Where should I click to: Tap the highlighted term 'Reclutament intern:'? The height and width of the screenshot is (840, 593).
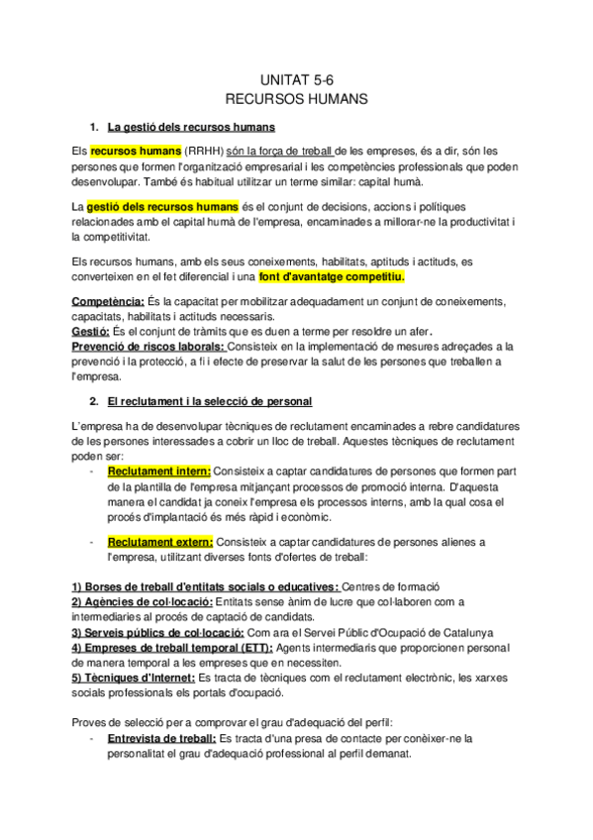159,472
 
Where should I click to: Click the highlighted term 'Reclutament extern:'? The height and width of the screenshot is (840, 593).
160,542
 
